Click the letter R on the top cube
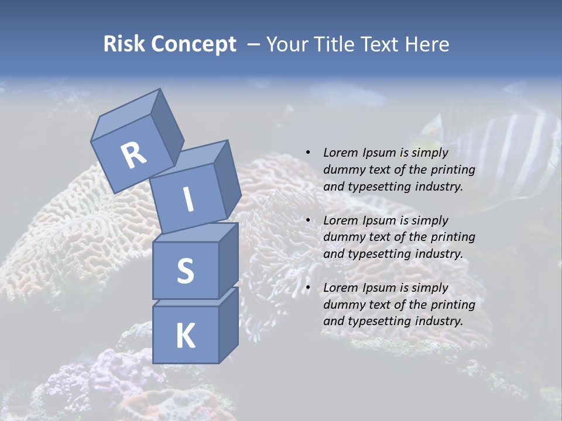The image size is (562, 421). click(133, 156)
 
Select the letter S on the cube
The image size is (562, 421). click(185, 271)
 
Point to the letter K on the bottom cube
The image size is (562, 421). click(185, 336)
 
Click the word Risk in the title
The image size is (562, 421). click(124, 44)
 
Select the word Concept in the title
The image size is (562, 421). click(194, 44)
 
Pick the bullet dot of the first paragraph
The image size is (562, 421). click(308, 153)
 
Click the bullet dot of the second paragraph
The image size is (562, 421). click(308, 220)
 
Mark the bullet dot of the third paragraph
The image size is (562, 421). click(308, 288)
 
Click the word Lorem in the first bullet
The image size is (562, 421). click(340, 153)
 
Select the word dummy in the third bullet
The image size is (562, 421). click(342, 305)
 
